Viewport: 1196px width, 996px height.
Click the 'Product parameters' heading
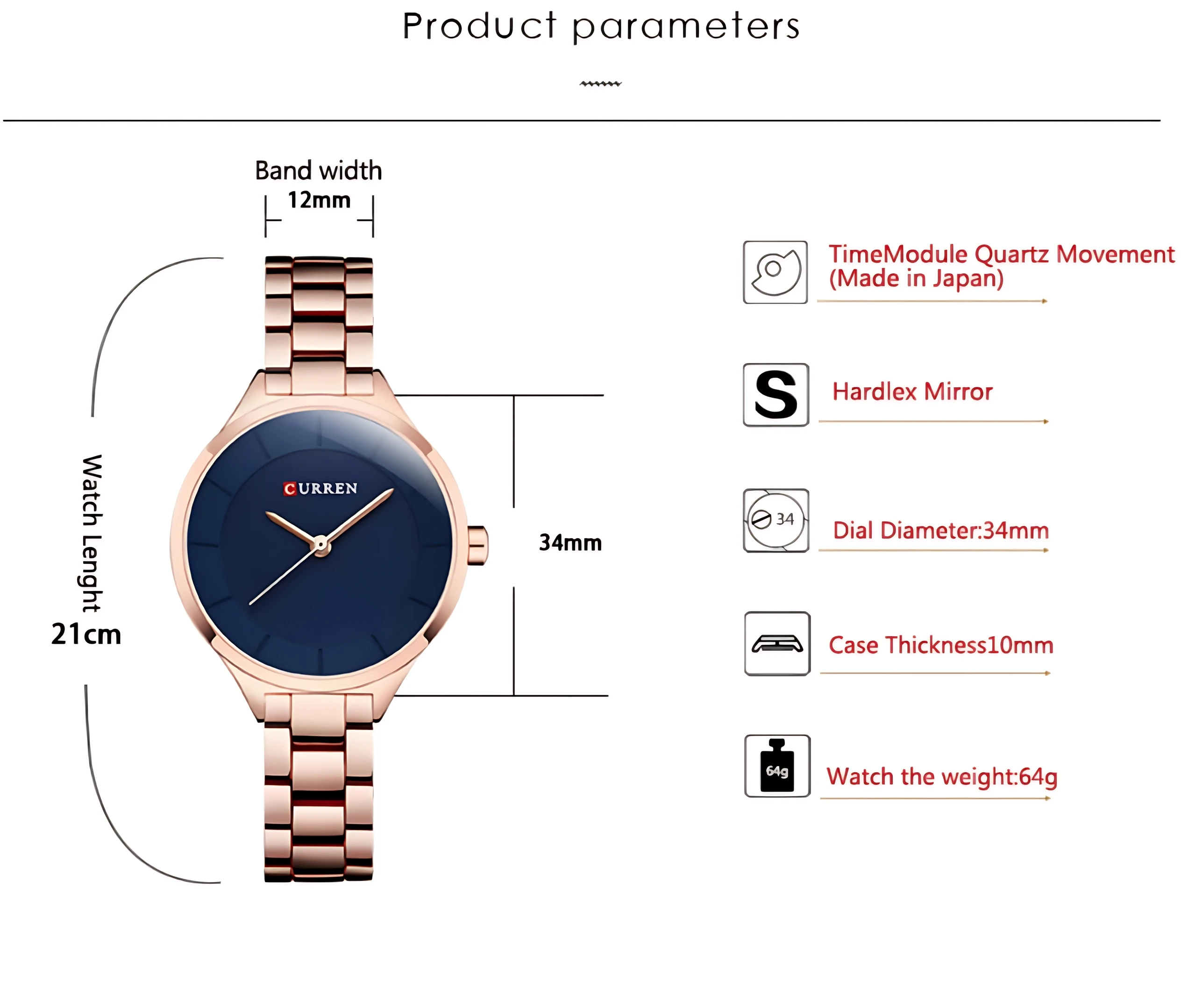click(x=601, y=26)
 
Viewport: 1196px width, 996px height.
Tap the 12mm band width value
click(x=319, y=200)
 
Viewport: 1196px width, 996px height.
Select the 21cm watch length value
click(x=86, y=634)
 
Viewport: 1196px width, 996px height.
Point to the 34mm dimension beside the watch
click(x=570, y=543)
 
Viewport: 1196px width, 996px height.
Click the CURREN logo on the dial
click(x=320, y=489)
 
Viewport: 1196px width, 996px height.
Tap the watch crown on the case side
click(x=478, y=546)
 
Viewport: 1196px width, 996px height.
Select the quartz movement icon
click(x=775, y=272)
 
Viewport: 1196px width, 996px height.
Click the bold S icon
click(x=776, y=395)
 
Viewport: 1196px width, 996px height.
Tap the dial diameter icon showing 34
click(x=776, y=520)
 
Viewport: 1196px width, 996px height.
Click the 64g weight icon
click(x=777, y=766)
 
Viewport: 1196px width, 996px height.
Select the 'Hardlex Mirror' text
click(x=912, y=392)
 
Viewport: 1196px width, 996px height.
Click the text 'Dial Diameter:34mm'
click(x=941, y=530)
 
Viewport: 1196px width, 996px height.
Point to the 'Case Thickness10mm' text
click(x=941, y=645)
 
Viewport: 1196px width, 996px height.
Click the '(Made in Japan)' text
click(x=916, y=279)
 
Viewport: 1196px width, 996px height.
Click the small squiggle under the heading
click(x=601, y=84)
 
